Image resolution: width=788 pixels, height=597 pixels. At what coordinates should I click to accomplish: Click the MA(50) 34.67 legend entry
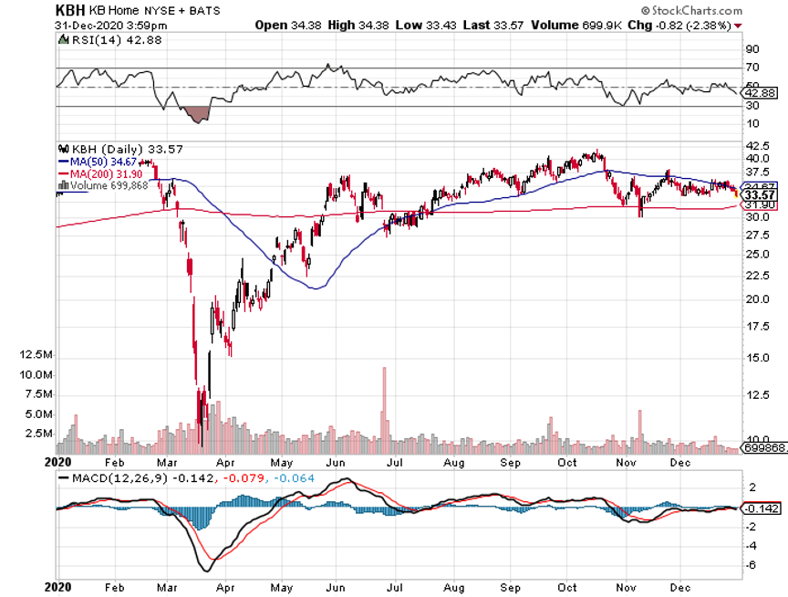[x=94, y=162]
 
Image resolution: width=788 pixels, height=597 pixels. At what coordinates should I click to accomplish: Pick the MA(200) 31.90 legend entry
[x=97, y=173]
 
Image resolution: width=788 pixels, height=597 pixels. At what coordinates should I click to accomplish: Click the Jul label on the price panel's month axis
[x=397, y=463]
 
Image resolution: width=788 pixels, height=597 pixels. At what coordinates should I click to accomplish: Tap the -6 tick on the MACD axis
[x=752, y=566]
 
